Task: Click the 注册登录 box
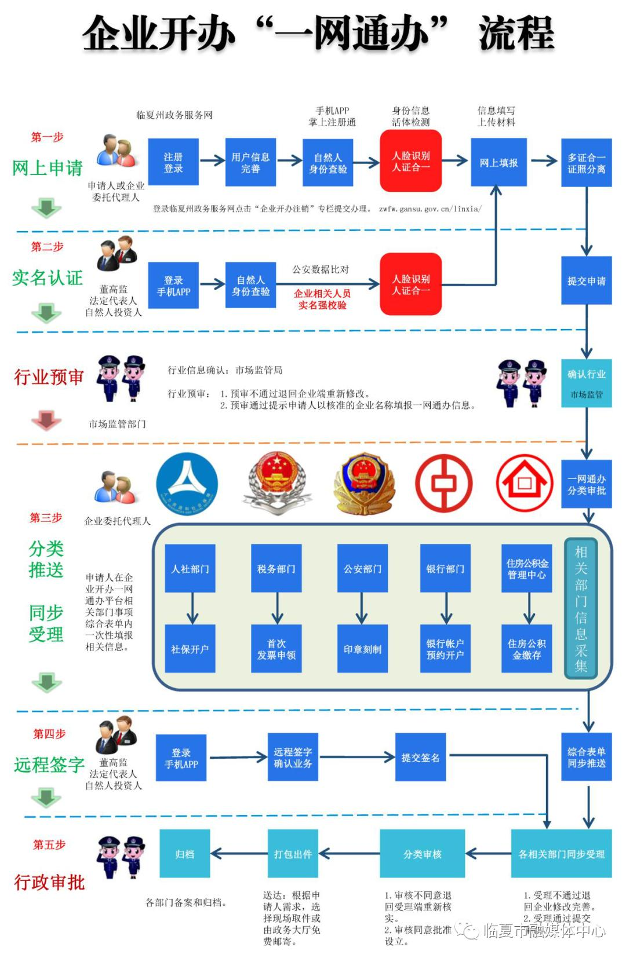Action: (x=173, y=163)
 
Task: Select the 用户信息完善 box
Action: (x=250, y=163)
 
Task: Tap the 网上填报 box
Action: (x=498, y=163)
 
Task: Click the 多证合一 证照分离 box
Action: (x=586, y=163)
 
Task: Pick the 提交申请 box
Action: (x=586, y=281)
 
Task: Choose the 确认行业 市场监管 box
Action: (x=586, y=383)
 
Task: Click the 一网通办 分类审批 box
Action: (x=586, y=484)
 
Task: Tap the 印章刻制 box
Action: (x=362, y=649)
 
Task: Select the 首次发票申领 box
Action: (x=276, y=649)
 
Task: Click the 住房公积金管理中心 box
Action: (x=527, y=568)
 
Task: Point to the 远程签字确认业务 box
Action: (x=293, y=757)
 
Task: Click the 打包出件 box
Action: (x=293, y=854)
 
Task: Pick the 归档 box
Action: (x=185, y=854)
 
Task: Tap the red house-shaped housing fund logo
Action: (x=525, y=483)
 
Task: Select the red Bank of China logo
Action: (x=444, y=483)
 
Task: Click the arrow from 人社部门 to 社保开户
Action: (x=192, y=608)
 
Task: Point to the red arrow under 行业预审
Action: (x=46, y=419)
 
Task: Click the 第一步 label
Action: (x=48, y=137)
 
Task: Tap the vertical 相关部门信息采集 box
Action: (x=581, y=608)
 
